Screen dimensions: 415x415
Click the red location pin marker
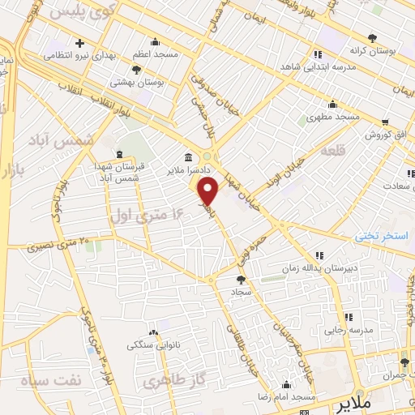pos(208,194)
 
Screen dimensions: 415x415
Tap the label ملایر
pos(354,403)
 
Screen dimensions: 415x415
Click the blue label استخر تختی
pos(382,237)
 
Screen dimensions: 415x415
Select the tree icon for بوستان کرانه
pos(372,37)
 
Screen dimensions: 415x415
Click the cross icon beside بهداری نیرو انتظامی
pos(79,43)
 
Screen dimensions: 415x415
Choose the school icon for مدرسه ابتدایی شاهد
pos(318,55)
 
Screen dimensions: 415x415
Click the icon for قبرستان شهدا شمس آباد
pos(119,154)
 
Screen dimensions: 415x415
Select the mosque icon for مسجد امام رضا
pos(285,385)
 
